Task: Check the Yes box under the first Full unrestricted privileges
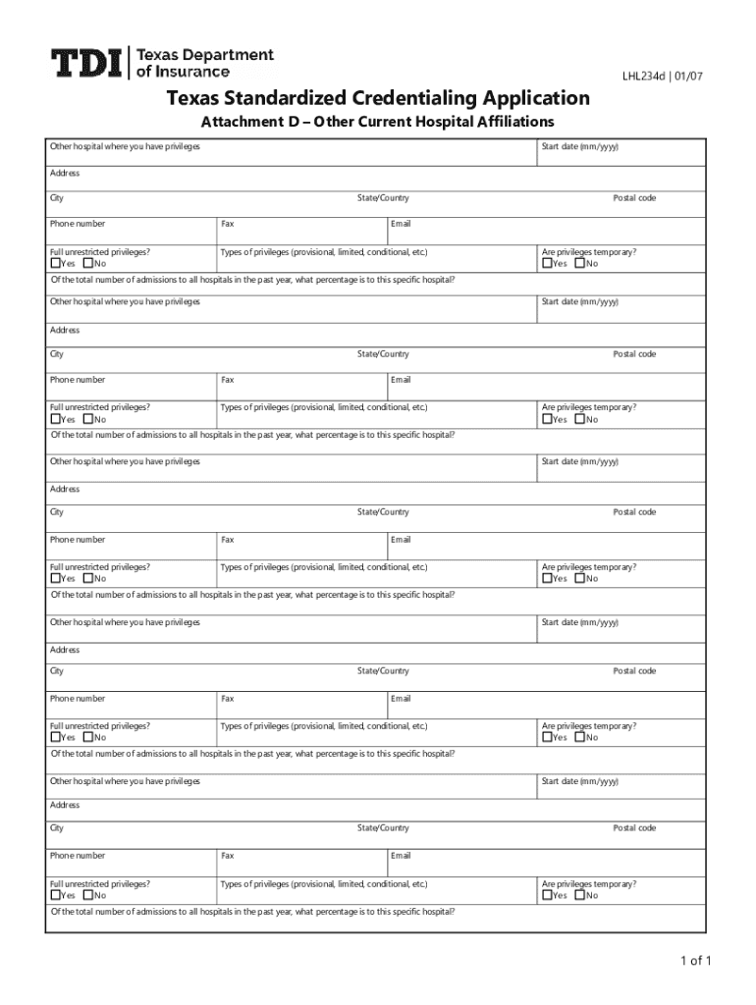click(55, 263)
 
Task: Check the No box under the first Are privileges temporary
click(580, 263)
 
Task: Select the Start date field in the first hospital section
click(621, 157)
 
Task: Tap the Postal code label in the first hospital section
click(634, 198)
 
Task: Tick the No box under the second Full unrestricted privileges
click(88, 419)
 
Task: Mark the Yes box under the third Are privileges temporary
click(547, 578)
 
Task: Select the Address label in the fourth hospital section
click(65, 650)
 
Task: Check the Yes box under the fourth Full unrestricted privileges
click(55, 737)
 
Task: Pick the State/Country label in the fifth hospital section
click(383, 828)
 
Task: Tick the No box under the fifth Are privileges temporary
click(580, 895)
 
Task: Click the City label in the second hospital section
click(57, 354)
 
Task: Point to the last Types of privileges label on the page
click(323, 884)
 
